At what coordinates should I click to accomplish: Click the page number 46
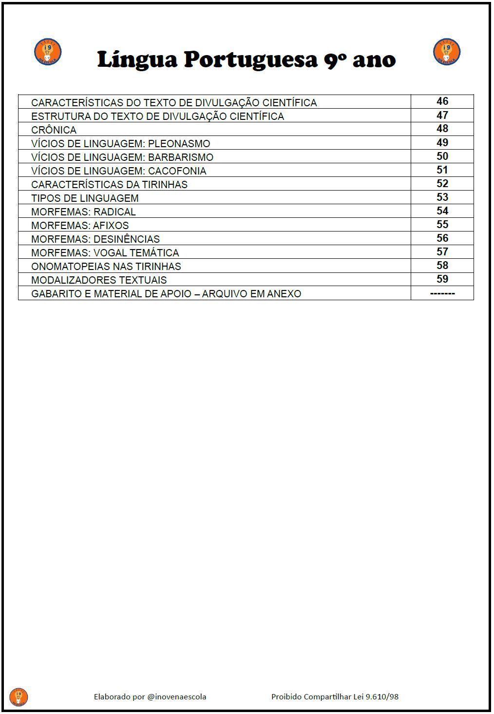pyautogui.click(x=442, y=101)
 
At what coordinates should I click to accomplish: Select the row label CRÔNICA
pyautogui.click(x=54, y=130)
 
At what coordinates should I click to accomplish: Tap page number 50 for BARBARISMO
pyautogui.click(x=442, y=156)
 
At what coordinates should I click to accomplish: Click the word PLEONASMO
pyautogui.click(x=179, y=144)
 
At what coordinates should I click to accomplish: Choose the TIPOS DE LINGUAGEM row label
pyautogui.click(x=85, y=198)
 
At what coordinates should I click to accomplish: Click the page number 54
pyautogui.click(x=442, y=211)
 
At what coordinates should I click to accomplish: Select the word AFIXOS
pyautogui.click(x=111, y=226)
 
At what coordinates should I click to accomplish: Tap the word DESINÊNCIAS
pyautogui.click(x=126, y=239)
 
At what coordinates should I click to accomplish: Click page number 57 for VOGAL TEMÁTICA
pyautogui.click(x=442, y=252)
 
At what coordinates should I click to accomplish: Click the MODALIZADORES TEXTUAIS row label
pyautogui.click(x=99, y=280)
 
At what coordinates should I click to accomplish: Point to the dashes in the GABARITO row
pyautogui.click(x=442, y=293)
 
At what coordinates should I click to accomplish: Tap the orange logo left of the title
pyautogui.click(x=48, y=52)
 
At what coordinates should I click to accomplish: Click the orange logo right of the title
pyautogui.click(x=447, y=52)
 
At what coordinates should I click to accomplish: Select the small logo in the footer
pyautogui.click(x=19, y=697)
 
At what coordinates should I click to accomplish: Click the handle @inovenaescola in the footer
pyautogui.click(x=176, y=697)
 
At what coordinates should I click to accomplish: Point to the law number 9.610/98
pyautogui.click(x=382, y=697)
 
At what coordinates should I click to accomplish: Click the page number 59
pyautogui.click(x=442, y=279)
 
